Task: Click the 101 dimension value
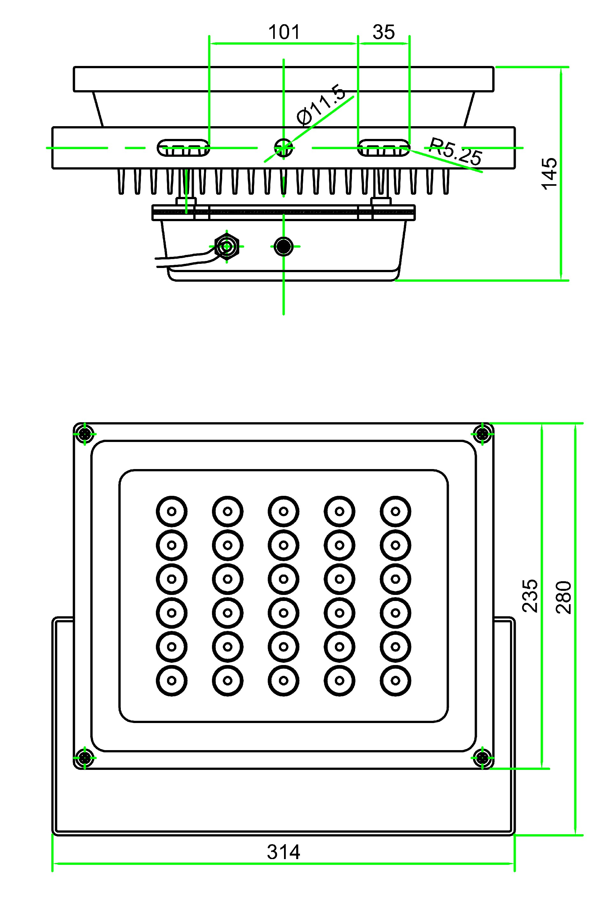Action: (284, 32)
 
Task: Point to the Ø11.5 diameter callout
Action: (321, 105)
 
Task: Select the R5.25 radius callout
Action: (455, 152)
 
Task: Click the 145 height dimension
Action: (550, 174)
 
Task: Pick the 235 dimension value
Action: (530, 596)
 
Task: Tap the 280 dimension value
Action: (564, 597)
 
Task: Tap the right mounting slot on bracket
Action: (384, 148)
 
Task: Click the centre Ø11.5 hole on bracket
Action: (283, 148)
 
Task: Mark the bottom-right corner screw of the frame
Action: (483, 759)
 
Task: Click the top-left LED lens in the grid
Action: (172, 511)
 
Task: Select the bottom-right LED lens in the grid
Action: (395, 681)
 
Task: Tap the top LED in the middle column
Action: (284, 511)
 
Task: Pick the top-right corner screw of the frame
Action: (483, 433)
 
